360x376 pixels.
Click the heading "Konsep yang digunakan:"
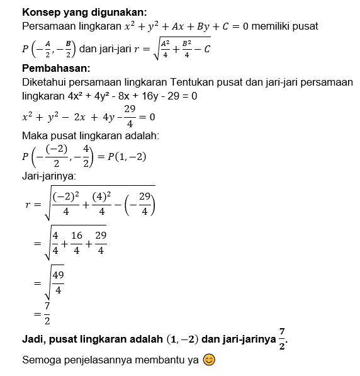(x=84, y=13)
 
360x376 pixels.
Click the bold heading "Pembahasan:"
(x=55, y=68)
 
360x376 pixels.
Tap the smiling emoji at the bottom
(x=210, y=360)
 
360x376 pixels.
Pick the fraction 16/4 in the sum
(x=77, y=242)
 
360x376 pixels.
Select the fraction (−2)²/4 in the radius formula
(x=65, y=203)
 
